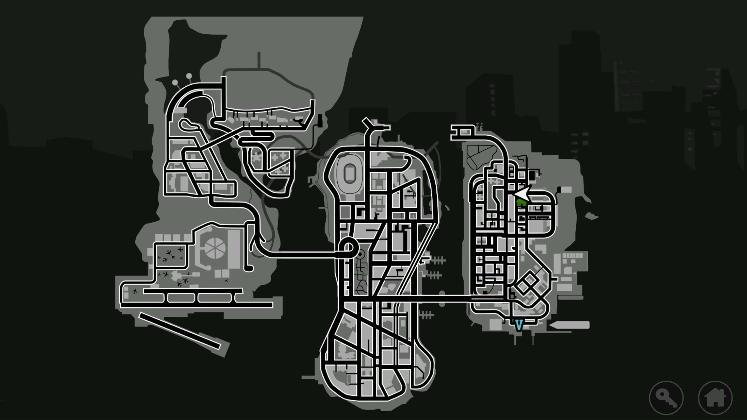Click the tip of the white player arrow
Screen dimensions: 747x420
514,194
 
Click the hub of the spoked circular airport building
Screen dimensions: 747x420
215,249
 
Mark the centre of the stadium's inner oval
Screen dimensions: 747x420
349,174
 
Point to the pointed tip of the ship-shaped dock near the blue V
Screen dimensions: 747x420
549,325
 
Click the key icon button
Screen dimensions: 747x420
666,398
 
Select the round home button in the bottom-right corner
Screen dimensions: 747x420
715,398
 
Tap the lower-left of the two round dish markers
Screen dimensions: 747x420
175,83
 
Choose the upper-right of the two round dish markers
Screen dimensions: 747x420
189,76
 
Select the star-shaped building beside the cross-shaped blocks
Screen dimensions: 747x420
257,158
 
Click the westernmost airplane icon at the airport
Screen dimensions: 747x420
135,291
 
